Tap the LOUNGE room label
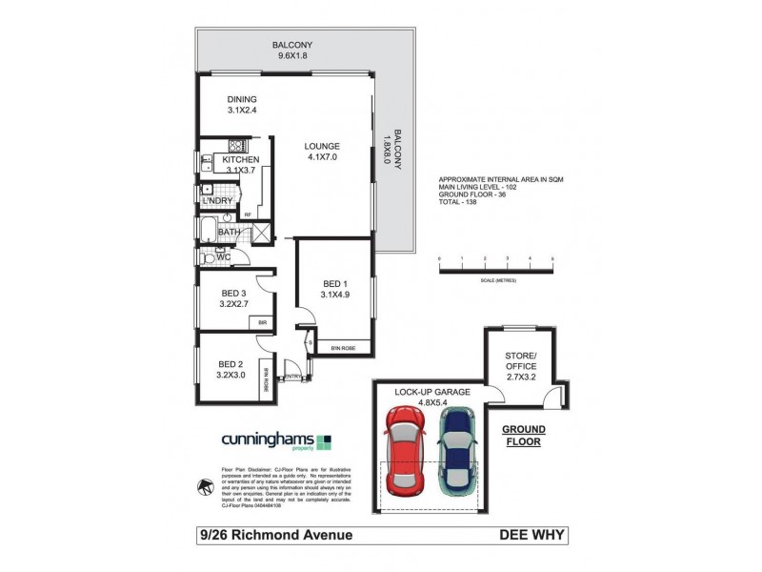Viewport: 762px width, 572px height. [322, 146]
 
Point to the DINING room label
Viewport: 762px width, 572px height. [241, 99]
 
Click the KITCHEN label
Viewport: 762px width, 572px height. [240, 160]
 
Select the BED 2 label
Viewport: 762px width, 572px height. [232, 363]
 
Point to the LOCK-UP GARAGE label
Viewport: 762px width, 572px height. [429, 391]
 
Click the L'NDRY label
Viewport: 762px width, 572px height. [215, 200]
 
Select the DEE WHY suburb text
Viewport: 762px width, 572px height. [533, 535]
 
